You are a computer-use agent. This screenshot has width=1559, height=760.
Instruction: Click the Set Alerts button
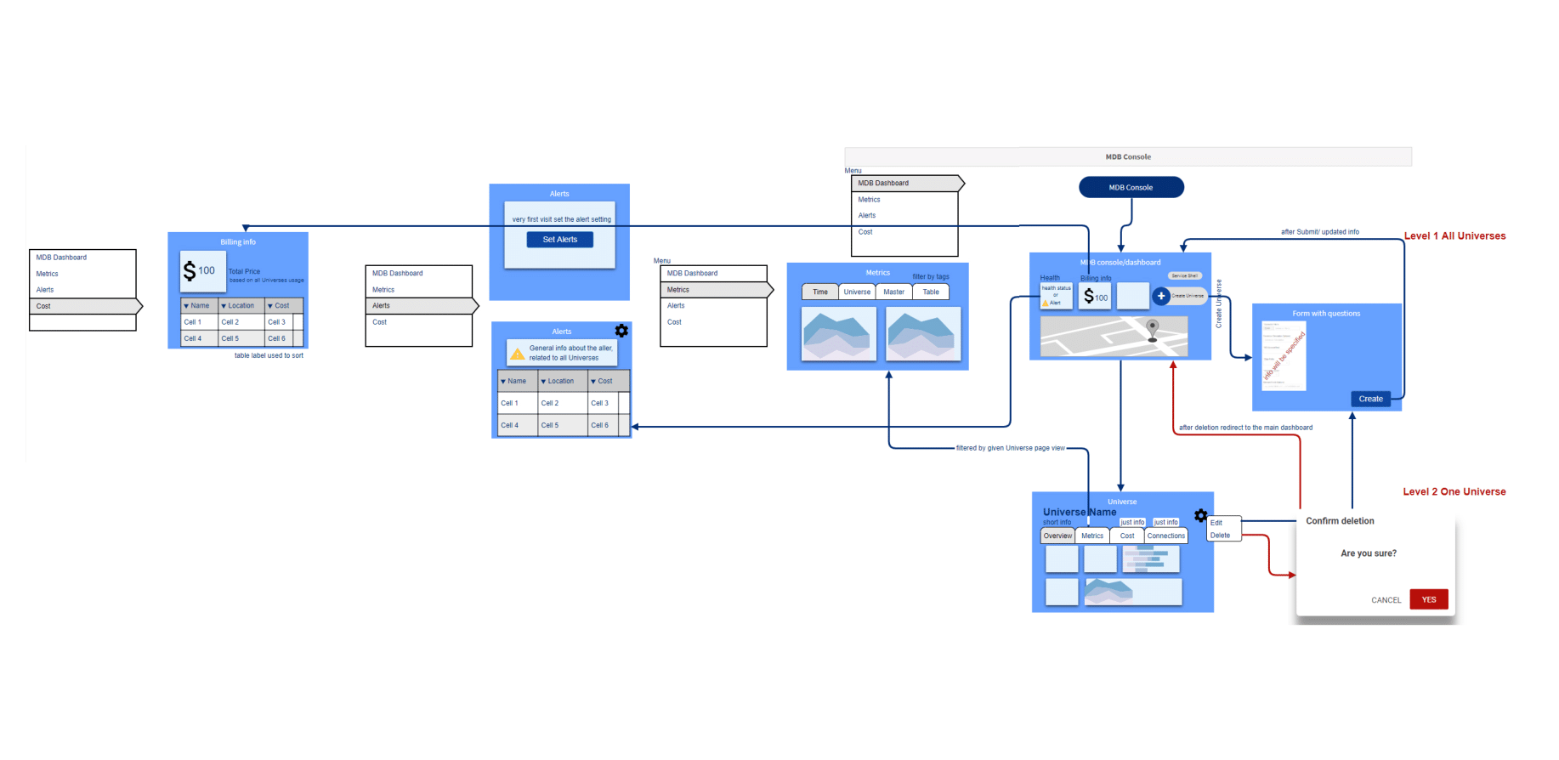click(559, 240)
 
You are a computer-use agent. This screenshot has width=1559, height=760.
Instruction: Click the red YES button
click(1428, 599)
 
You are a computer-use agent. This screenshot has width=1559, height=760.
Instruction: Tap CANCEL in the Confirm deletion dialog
click(1386, 600)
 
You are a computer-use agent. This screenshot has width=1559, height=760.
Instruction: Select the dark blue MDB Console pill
click(1131, 187)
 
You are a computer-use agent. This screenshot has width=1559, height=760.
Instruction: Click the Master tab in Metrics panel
click(893, 292)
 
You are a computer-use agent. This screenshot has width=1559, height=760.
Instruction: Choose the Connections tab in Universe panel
click(1165, 536)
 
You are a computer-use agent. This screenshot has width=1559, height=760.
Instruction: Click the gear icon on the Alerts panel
click(621, 331)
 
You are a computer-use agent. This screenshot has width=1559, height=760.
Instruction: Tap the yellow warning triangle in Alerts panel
click(517, 354)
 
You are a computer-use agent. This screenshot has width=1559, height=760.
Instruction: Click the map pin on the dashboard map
click(1153, 327)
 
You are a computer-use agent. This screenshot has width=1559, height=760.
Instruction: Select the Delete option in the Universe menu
click(1221, 536)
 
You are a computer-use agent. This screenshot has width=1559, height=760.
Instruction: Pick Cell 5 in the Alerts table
click(550, 425)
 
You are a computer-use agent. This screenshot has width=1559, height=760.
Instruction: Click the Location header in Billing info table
click(241, 306)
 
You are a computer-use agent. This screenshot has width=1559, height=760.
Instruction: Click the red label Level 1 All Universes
click(1454, 236)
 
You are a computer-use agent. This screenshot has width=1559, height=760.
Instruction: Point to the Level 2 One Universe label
click(1454, 492)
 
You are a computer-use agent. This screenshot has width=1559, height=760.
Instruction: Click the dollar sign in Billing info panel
click(190, 271)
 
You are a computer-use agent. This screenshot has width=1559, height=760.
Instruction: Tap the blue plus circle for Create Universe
click(1161, 296)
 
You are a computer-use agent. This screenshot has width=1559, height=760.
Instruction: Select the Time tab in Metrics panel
click(820, 292)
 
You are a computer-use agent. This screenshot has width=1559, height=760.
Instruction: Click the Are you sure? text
click(1368, 553)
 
